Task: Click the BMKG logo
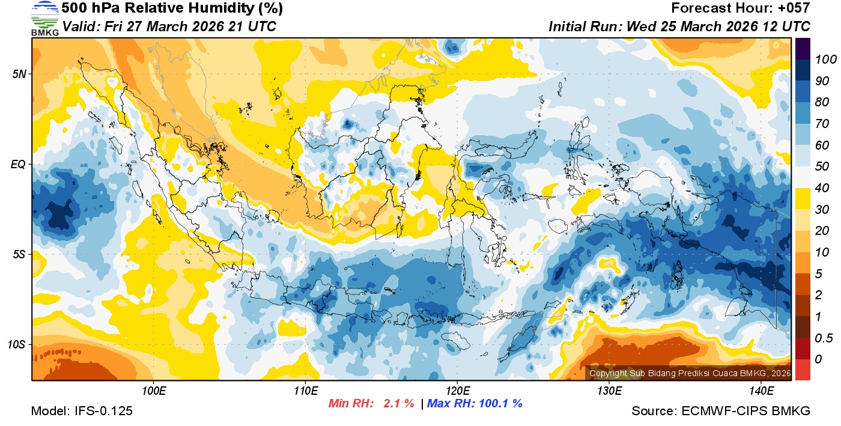click(x=44, y=19)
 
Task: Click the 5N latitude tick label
click(x=19, y=74)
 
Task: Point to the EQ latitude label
click(x=19, y=164)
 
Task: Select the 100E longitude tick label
click(x=154, y=391)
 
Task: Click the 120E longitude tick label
click(x=457, y=391)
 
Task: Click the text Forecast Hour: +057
click(x=741, y=8)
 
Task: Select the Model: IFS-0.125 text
click(x=82, y=411)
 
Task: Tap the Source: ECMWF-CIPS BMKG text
click(x=721, y=411)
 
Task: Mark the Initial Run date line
click(x=679, y=27)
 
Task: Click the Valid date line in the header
click(x=169, y=27)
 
